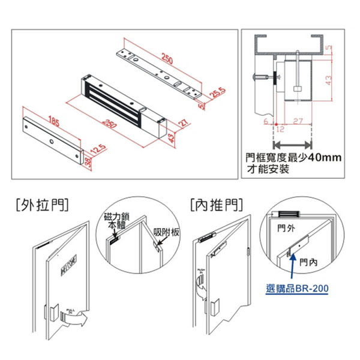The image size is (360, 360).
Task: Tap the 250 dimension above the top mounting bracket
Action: click(169, 59)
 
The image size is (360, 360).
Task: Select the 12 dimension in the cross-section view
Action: click(279, 128)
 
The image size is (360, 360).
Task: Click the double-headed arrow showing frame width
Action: click(293, 144)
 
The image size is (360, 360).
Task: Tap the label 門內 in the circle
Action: click(310, 262)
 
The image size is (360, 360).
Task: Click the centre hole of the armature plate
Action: click(52, 142)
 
